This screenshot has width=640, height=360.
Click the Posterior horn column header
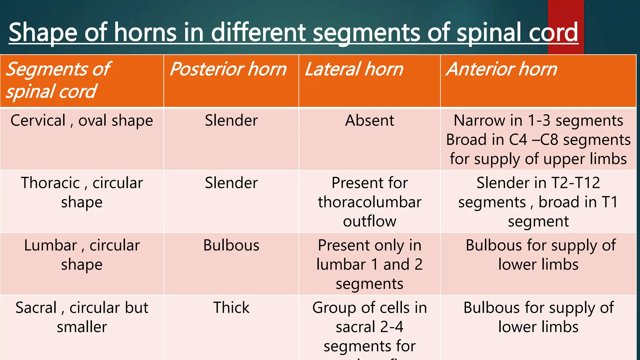point(228,69)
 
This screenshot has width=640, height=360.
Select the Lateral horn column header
point(354,69)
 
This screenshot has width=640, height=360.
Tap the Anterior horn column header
point(502,69)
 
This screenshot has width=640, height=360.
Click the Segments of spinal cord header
point(58,80)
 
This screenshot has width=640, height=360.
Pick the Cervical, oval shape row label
point(82,121)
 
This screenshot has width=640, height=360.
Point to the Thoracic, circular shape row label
point(82,192)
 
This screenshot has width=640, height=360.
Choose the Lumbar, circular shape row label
point(82,255)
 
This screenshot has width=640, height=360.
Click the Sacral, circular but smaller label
point(82,317)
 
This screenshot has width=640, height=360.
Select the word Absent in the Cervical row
point(369,121)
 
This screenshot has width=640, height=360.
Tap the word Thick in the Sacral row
point(231,307)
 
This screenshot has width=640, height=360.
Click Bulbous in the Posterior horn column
point(231,245)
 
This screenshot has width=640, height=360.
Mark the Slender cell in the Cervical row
point(231,121)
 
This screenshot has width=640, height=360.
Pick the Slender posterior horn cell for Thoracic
point(231,183)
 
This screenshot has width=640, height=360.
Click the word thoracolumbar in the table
point(369,202)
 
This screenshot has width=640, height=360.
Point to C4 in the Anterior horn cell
point(518,140)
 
